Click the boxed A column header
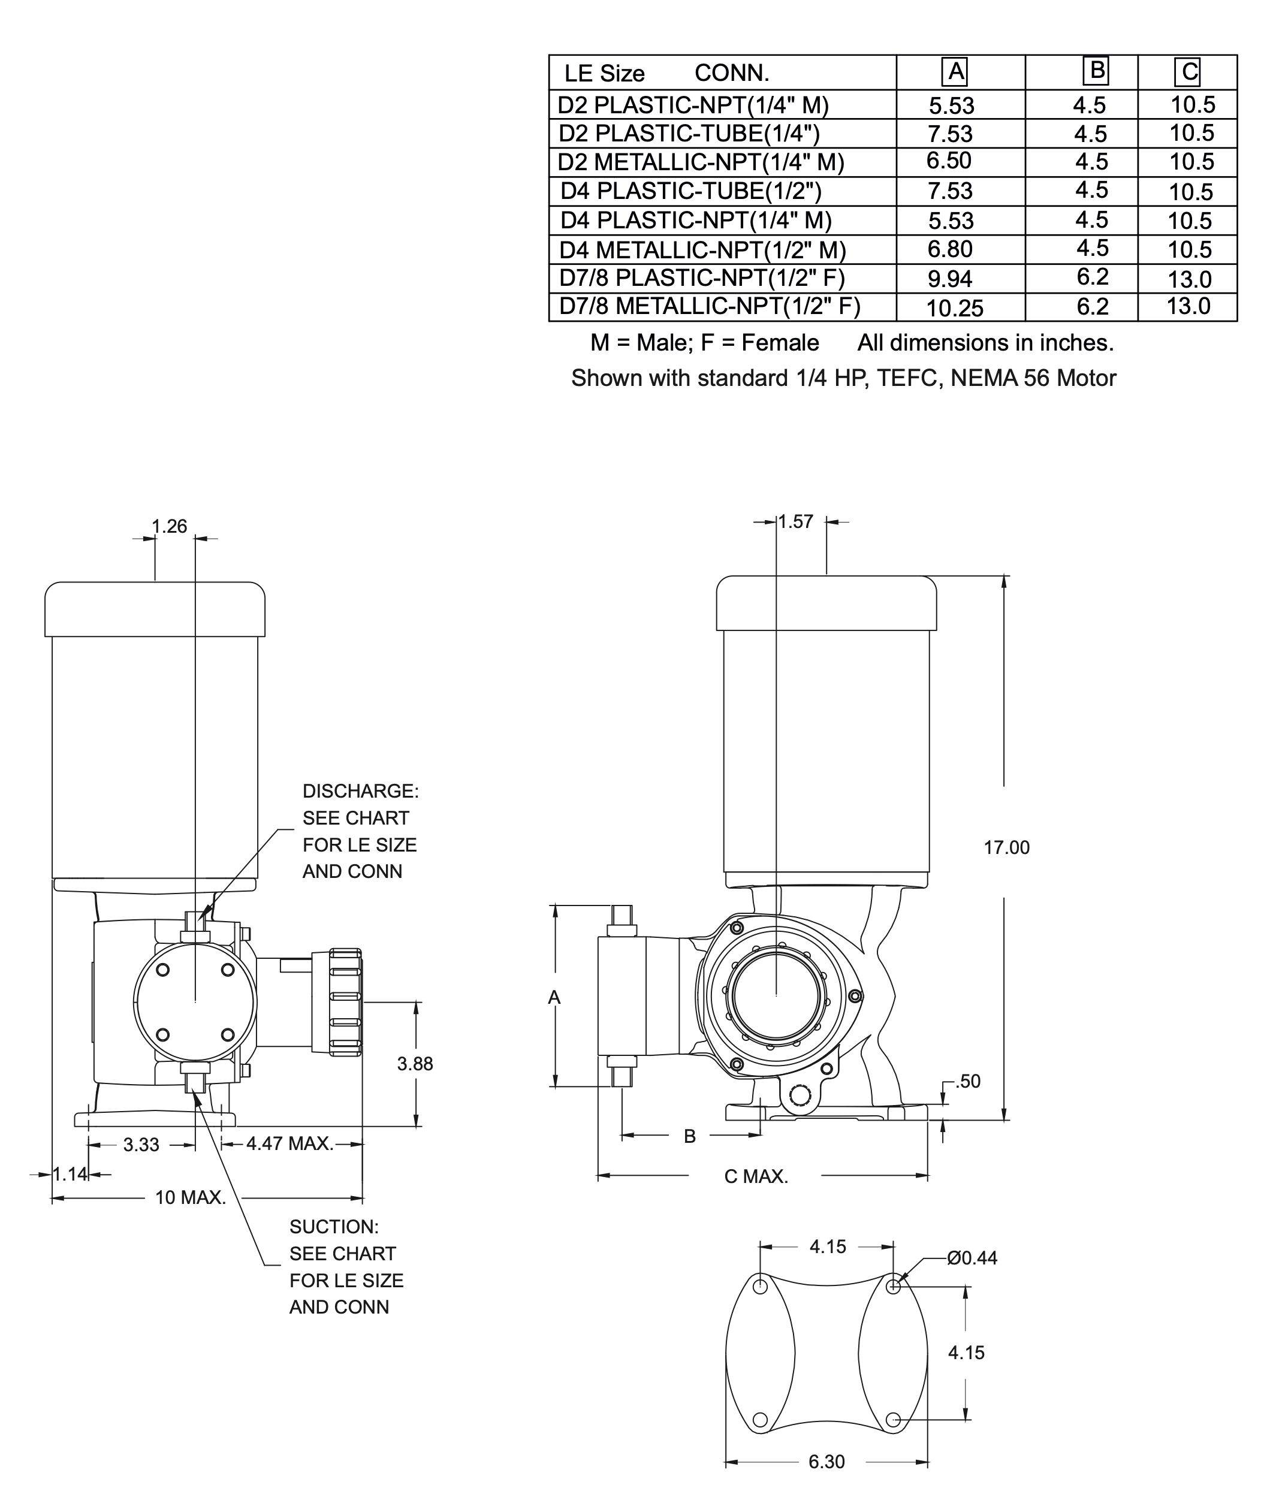[x=955, y=73]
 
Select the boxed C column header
[x=1187, y=72]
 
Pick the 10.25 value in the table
[x=955, y=309]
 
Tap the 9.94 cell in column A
[x=951, y=279]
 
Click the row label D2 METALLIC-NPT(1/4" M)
[x=701, y=162]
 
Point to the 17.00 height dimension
[x=1006, y=848]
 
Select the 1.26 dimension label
[x=169, y=527]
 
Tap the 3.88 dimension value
[x=415, y=1064]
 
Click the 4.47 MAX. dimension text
[x=289, y=1144]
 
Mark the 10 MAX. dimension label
[x=191, y=1197]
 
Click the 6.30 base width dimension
[x=826, y=1462]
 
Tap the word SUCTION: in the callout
[x=334, y=1227]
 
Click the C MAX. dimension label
[x=756, y=1177]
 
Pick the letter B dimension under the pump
[x=689, y=1136]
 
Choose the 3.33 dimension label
[x=141, y=1145]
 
